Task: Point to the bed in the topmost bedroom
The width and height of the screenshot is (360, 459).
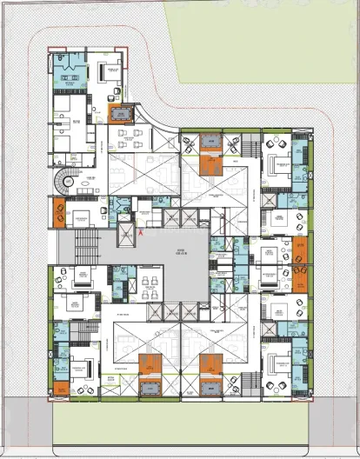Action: point(110,71)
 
